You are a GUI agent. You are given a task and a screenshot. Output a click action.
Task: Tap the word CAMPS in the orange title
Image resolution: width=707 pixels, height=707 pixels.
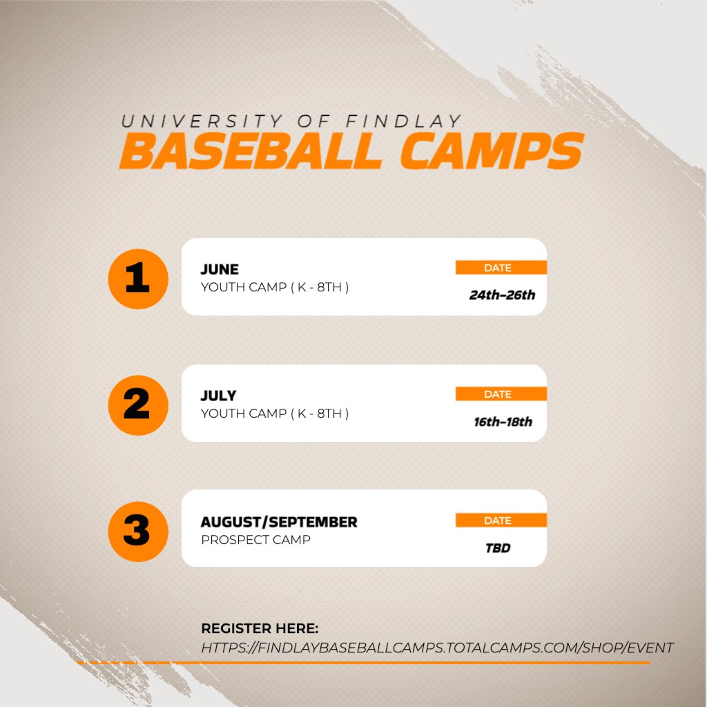tap(492, 152)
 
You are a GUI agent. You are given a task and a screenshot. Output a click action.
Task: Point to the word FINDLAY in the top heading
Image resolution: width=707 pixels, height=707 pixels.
tap(404, 121)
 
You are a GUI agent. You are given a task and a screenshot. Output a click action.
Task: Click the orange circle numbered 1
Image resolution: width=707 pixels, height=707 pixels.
tap(137, 279)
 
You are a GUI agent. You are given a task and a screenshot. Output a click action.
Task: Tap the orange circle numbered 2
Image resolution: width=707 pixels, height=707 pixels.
tap(137, 405)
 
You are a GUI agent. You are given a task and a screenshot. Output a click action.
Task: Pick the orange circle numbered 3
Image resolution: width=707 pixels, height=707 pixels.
tap(137, 531)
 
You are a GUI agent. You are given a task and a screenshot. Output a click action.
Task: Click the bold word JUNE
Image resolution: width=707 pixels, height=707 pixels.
tap(220, 269)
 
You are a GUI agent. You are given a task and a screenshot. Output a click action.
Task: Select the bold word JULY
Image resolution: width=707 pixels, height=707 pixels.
tap(218, 396)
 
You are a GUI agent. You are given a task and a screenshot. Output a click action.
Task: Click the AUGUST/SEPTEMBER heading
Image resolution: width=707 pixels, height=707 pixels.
tap(279, 522)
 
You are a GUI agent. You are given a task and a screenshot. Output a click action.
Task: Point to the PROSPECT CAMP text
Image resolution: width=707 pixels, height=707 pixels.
tap(255, 540)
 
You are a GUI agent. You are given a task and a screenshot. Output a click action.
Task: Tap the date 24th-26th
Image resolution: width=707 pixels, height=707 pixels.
tap(502, 296)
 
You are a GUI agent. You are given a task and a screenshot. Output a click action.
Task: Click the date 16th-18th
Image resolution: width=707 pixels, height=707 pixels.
tap(503, 422)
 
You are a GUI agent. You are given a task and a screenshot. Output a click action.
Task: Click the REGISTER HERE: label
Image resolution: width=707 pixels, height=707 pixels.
tap(260, 628)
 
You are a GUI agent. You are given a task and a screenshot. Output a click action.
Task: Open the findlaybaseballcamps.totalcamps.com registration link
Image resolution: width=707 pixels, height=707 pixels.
tap(437, 648)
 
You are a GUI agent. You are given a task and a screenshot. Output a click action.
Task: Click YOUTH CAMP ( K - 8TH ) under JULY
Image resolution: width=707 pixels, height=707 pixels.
tap(275, 414)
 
